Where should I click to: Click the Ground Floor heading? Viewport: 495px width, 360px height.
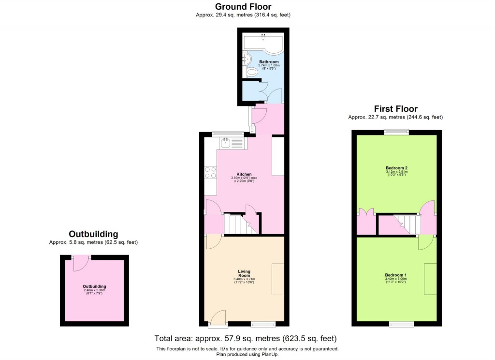click(x=243, y=7)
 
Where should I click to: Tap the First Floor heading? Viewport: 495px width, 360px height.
click(x=395, y=109)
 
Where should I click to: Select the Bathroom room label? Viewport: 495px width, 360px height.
click(x=269, y=62)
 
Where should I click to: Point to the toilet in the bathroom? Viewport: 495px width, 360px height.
click(x=252, y=73)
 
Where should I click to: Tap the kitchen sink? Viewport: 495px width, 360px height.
click(x=226, y=142)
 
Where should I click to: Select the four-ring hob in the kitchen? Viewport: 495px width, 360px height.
click(x=211, y=173)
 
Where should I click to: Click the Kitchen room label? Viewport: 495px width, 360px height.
click(x=244, y=174)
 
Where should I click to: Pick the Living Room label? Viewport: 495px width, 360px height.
click(x=244, y=273)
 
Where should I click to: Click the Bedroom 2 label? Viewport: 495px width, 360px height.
click(x=396, y=168)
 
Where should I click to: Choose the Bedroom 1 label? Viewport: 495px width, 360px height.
click(x=396, y=275)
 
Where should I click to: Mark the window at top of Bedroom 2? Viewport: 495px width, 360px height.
click(x=396, y=132)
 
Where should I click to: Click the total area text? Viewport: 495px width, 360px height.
click(x=246, y=338)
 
